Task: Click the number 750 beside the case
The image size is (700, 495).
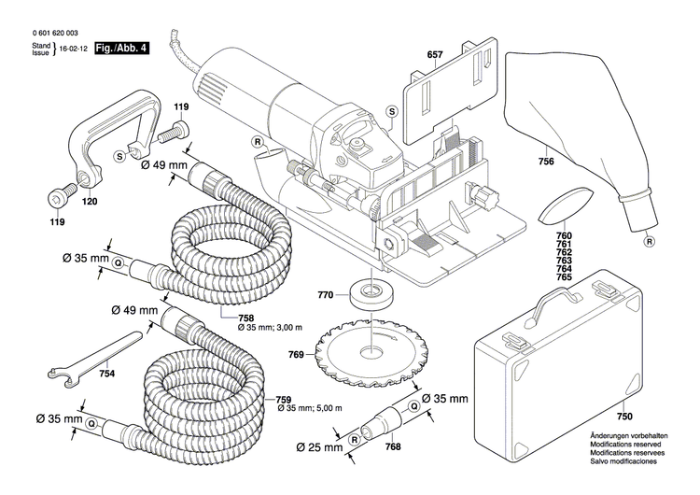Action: coord(623,417)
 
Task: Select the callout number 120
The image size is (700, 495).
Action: coord(91,201)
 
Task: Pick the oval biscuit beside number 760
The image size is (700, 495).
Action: coord(564,207)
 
